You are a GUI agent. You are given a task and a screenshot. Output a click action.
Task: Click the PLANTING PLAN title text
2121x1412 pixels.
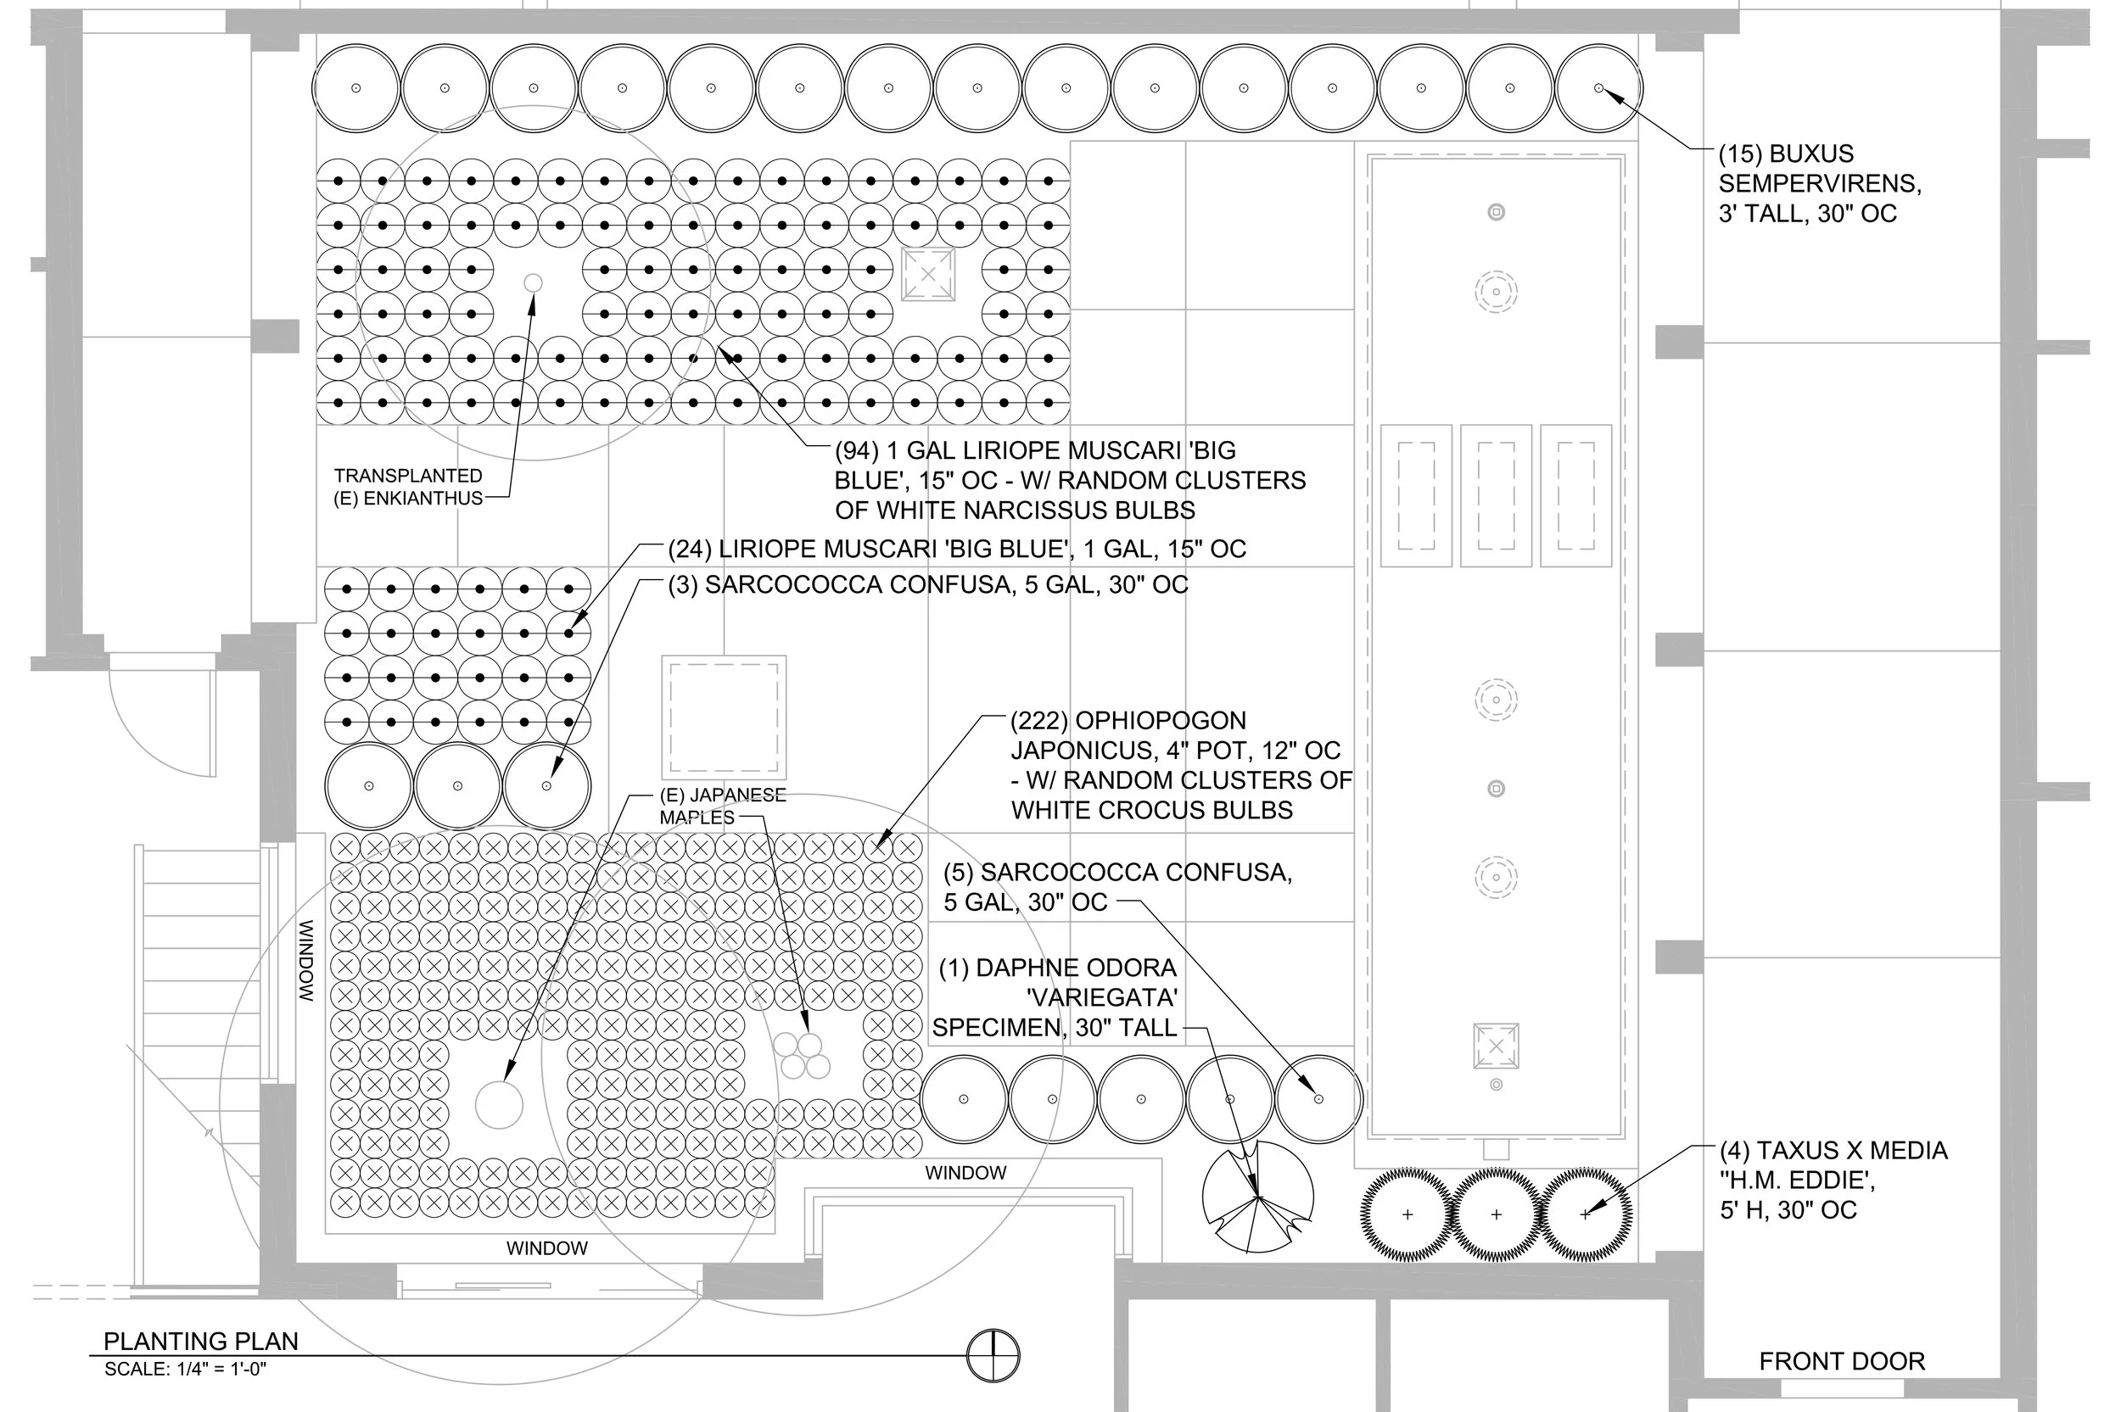[x=200, y=1341]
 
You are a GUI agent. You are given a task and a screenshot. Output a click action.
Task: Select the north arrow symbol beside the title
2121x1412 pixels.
[x=993, y=1355]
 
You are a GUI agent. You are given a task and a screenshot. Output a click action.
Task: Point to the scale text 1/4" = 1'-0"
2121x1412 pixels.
[x=186, y=1370]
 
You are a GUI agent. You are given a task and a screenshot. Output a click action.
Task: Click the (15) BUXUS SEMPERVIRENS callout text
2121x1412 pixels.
[x=1818, y=184]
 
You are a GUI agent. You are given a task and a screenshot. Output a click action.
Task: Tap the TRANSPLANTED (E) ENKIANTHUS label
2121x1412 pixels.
[x=408, y=486]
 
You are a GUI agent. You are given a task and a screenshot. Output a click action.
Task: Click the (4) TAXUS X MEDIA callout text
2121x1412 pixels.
[x=1833, y=1180]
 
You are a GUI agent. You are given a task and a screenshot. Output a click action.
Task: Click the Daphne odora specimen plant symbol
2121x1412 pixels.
[x=1257, y=1197]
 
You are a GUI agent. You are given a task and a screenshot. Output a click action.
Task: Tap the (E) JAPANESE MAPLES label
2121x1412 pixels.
[x=721, y=806]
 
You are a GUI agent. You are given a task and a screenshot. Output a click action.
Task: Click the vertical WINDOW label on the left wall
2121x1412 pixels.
[x=306, y=961]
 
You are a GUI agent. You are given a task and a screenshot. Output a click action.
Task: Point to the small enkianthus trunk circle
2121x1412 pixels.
[x=533, y=283]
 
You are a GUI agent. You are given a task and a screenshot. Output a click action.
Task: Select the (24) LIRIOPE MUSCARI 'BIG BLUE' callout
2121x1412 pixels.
[x=956, y=549]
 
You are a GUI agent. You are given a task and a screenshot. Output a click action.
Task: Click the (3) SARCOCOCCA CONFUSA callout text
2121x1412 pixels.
[x=927, y=585]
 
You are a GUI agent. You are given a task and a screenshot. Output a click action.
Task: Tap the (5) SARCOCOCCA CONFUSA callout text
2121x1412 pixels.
[x=1116, y=886]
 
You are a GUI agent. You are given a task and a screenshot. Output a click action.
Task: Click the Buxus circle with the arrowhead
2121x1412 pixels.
[x=1598, y=88]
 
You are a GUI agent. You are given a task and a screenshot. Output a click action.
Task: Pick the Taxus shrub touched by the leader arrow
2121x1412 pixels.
[x=1585, y=1214]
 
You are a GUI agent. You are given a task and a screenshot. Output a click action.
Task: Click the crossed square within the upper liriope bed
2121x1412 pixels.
[x=927, y=275]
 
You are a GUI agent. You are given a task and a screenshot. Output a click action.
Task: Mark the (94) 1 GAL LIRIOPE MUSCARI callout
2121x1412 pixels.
[x=1069, y=480]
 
